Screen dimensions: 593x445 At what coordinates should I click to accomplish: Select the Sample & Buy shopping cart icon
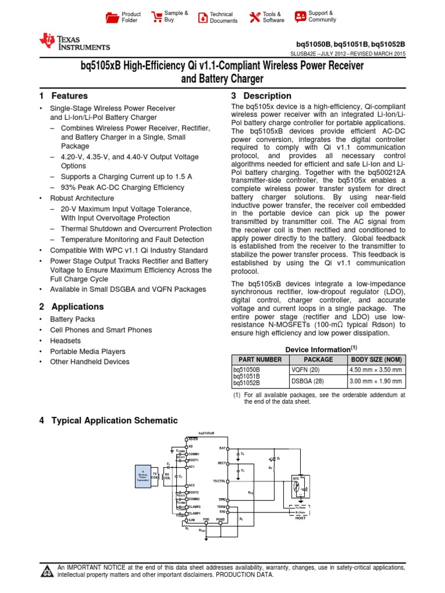[156, 17]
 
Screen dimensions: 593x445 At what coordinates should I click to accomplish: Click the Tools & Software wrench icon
[254, 17]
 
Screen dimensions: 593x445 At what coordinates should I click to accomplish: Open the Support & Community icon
[300, 16]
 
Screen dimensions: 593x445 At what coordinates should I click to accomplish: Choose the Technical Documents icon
[202, 17]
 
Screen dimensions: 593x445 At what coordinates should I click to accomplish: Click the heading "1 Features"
[64, 96]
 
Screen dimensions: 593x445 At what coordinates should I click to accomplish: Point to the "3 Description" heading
[261, 96]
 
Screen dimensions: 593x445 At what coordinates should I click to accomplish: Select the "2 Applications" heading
[71, 306]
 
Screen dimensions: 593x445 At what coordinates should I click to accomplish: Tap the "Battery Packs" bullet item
[72, 319]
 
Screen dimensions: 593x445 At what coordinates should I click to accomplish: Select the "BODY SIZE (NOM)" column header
[376, 359]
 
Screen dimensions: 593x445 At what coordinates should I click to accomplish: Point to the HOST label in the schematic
[300, 518]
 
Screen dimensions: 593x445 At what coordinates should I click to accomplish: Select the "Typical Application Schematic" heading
[115, 420]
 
